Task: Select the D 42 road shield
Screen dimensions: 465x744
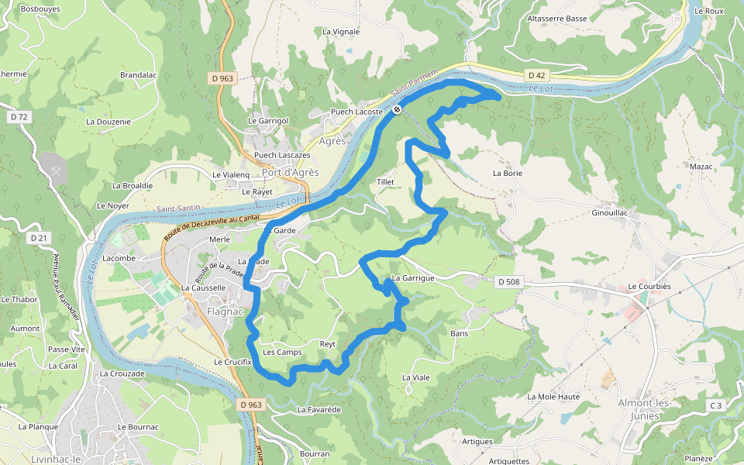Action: (x=536, y=75)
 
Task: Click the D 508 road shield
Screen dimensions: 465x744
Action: (x=507, y=281)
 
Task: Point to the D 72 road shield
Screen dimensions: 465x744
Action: (x=19, y=117)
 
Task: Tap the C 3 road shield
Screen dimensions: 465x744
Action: (x=715, y=405)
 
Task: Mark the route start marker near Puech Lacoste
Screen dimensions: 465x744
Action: (x=396, y=110)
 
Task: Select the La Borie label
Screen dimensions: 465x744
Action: (x=508, y=174)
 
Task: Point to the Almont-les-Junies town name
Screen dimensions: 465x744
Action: (x=639, y=409)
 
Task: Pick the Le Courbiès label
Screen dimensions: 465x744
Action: (x=648, y=286)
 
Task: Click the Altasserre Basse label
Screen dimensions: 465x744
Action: (x=556, y=18)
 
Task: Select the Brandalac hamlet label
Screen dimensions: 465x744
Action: (x=138, y=75)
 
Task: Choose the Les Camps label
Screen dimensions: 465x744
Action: (x=282, y=353)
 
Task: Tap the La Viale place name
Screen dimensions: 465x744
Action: (x=415, y=377)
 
